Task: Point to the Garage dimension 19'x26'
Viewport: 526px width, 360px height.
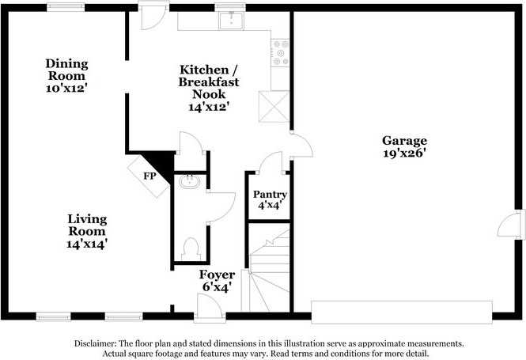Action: [x=406, y=153]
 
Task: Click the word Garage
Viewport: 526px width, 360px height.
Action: [x=406, y=140]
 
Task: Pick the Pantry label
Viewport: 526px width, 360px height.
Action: [x=269, y=194]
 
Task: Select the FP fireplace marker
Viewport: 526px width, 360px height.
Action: [x=149, y=176]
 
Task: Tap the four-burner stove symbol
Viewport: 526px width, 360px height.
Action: [x=280, y=52]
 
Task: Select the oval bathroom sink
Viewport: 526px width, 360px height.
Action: [x=190, y=183]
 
